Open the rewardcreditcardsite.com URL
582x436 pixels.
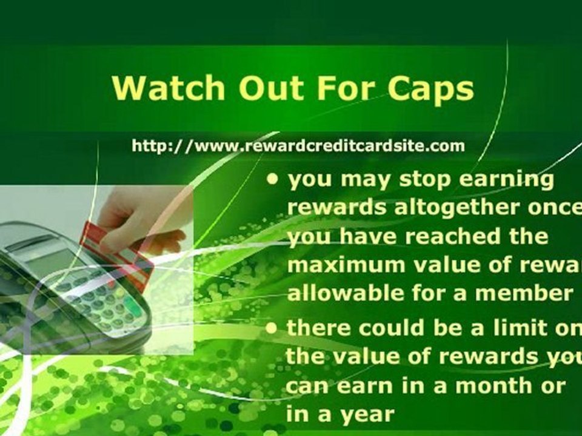tap(298, 146)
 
